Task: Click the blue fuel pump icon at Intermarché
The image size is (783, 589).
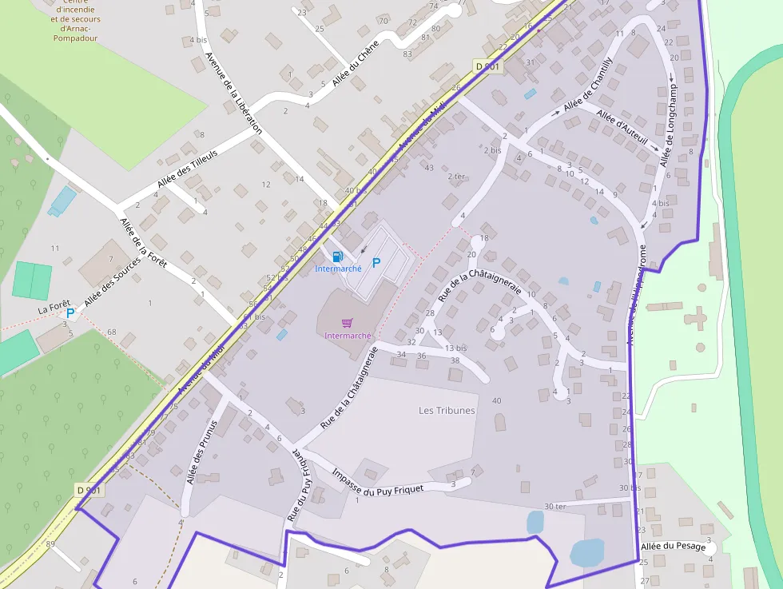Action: [x=337, y=257]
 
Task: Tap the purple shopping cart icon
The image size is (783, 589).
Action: [x=348, y=323]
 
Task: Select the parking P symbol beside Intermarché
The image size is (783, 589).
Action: [x=376, y=262]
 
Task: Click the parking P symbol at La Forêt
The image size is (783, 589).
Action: [x=70, y=313]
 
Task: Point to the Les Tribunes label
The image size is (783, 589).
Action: [x=447, y=411]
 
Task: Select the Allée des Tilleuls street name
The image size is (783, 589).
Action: [x=187, y=169]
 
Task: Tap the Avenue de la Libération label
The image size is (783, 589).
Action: [x=233, y=92]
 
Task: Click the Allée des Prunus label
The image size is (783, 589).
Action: [x=201, y=452]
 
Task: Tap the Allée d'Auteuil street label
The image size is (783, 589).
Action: [x=622, y=130]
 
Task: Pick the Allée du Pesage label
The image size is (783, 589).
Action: [x=673, y=547]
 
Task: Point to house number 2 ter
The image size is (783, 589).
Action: [x=456, y=176]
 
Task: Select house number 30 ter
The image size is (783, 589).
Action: [x=554, y=506]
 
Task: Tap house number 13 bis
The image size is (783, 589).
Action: [x=455, y=348]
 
